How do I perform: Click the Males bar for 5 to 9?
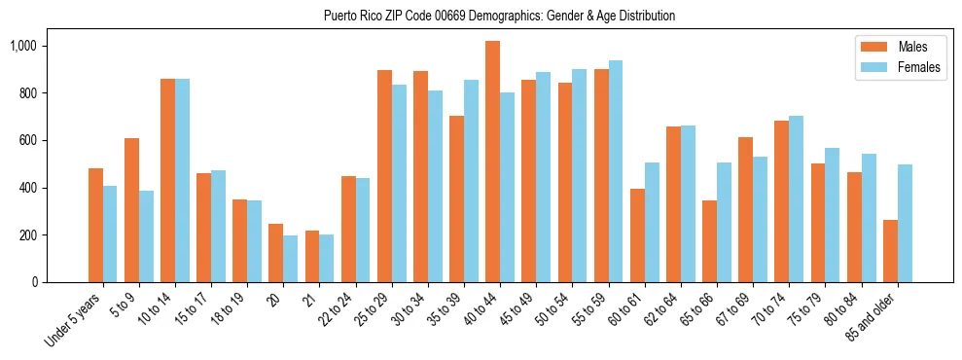(131, 210)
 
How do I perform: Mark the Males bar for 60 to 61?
(637, 235)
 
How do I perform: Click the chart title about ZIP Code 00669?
(499, 16)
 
